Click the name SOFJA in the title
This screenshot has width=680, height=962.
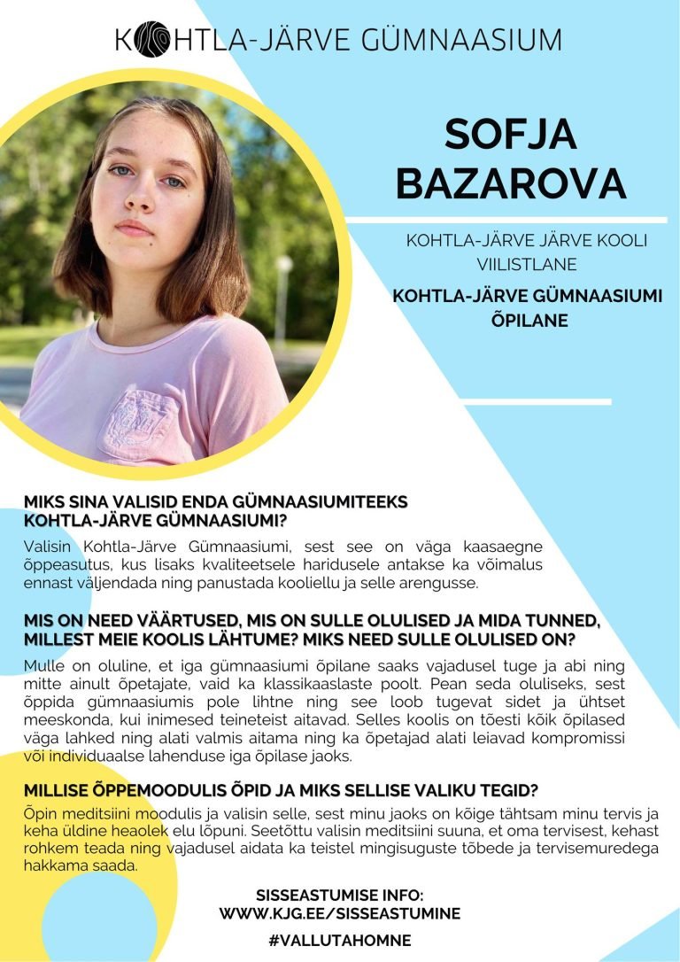(510, 135)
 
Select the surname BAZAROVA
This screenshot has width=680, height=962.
(510, 182)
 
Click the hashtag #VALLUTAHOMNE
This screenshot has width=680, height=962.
(340, 941)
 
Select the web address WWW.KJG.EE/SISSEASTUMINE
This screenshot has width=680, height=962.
(340, 913)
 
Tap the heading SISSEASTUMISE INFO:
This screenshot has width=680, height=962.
(340, 896)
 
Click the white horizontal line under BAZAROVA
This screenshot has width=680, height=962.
(505, 219)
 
